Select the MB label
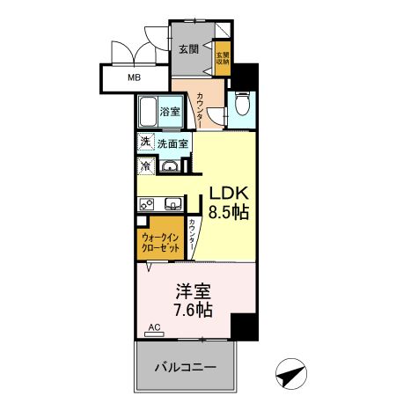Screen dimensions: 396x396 [135, 78]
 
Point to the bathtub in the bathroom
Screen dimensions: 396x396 [147, 112]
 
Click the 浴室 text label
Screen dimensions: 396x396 [170, 112]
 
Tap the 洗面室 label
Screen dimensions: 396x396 [172, 143]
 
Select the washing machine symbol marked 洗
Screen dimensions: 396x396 [143, 142]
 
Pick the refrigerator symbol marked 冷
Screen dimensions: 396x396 [143, 165]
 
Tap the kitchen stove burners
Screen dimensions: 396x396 [146, 204]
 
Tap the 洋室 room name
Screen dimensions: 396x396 [193, 290]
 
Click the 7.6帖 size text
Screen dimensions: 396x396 [193, 310]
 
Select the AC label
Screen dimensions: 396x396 [153, 327]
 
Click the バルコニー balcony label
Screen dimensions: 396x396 [187, 365]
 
